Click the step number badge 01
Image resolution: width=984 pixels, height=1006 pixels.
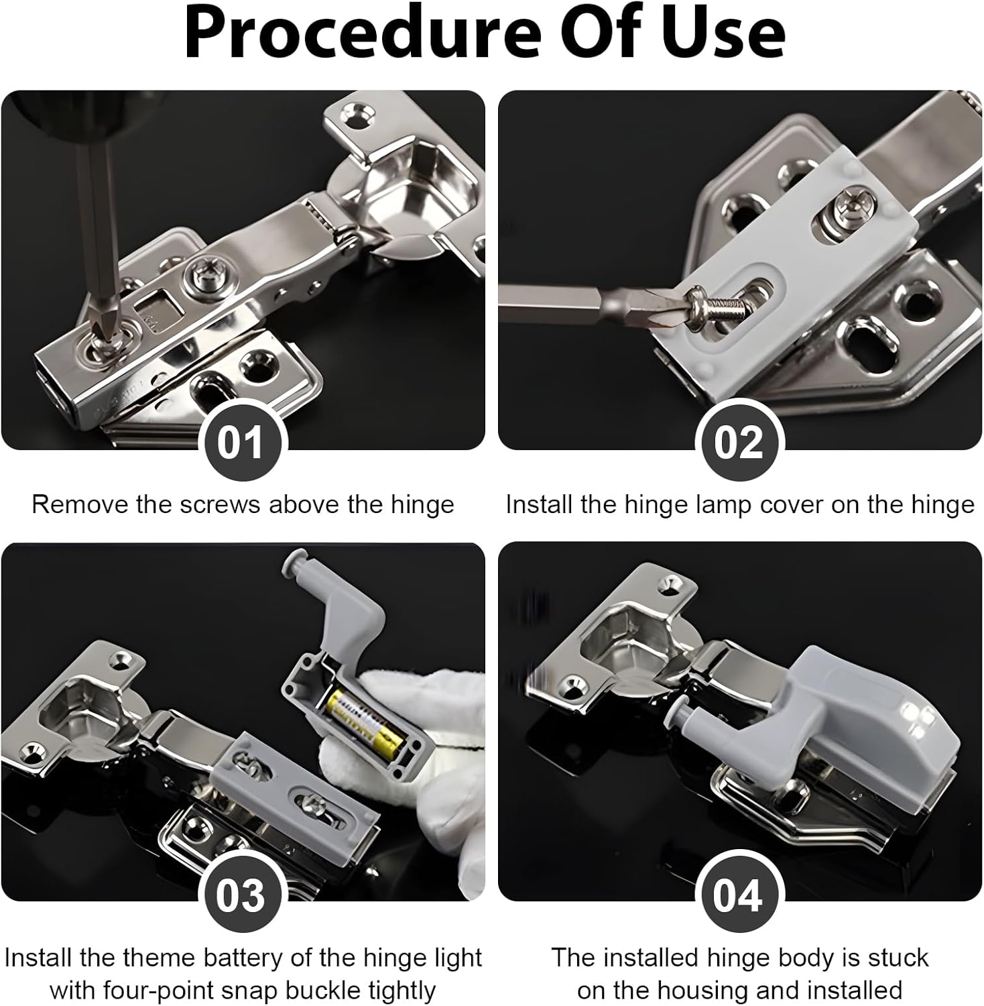(x=241, y=443)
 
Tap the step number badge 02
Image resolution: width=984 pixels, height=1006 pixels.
(x=738, y=443)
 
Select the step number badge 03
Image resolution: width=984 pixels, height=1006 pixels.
(x=241, y=895)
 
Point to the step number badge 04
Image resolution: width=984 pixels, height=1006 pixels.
(x=738, y=895)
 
